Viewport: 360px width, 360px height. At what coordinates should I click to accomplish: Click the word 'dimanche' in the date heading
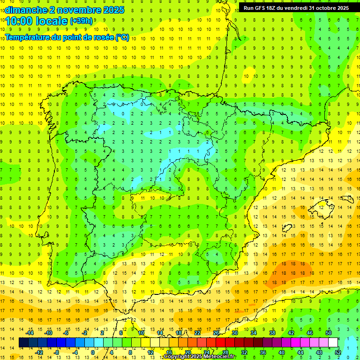23,10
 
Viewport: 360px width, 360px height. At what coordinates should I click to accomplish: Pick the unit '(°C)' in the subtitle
122,37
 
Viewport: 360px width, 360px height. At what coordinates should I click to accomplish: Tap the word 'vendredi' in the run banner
297,8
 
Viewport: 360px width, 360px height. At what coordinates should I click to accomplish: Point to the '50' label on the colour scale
329,333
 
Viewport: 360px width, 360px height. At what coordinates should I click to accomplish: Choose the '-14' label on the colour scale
30,333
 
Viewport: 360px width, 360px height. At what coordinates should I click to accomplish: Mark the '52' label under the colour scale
337,352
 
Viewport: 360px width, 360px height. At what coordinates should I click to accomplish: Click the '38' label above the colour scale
272,333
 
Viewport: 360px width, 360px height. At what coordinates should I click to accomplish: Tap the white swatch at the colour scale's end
333,343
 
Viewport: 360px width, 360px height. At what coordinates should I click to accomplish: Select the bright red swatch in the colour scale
220,343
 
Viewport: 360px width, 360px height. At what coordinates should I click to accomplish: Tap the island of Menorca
347,199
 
